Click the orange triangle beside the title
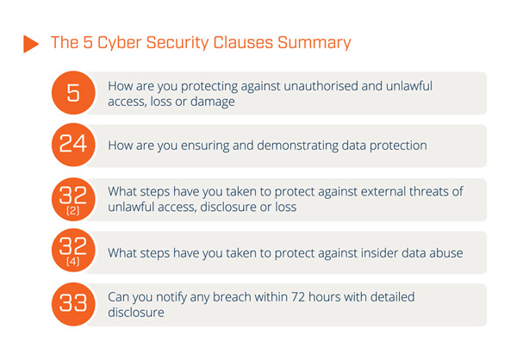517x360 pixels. (30, 44)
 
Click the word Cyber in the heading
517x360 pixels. (120, 43)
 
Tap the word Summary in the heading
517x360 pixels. (315, 43)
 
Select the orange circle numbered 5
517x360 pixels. (73, 93)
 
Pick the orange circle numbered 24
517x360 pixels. (73, 145)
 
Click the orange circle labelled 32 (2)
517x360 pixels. (73, 199)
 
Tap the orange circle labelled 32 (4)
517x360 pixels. (73, 251)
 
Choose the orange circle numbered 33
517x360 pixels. (73, 304)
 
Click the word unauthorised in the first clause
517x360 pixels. (321, 86)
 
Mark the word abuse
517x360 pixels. (446, 253)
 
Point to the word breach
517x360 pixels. (232, 297)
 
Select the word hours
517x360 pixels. (325, 297)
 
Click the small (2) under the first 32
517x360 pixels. (73, 210)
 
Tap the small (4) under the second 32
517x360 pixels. (73, 262)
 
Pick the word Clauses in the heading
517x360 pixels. (243, 43)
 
